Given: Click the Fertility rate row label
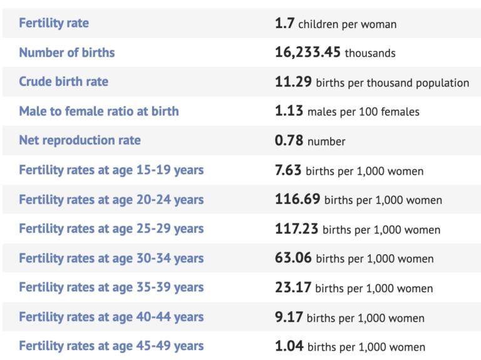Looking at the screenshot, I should [54, 23].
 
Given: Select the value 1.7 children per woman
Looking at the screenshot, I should [335, 24].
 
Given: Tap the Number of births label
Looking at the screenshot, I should [67, 53].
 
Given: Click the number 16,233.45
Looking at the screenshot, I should [308, 53].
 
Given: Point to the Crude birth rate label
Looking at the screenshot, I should [63, 82].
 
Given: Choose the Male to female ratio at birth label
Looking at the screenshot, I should [99, 111].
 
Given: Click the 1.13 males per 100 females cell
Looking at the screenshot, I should [347, 111].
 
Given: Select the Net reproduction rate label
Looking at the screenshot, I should [80, 141].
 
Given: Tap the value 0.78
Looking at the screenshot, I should [289, 141].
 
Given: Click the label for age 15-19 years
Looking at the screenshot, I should [111, 170].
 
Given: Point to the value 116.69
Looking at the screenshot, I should [297, 200].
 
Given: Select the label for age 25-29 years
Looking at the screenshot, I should [111, 229].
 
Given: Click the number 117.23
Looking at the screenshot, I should [297, 229].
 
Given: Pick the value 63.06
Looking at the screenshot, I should [293, 258].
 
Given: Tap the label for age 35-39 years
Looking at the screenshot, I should [111, 287].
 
